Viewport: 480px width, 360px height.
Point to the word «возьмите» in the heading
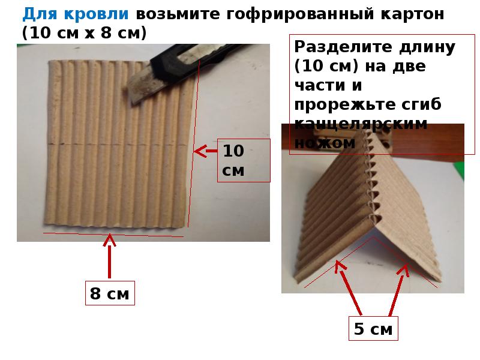click(x=178, y=14)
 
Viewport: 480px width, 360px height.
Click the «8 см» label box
click(x=110, y=293)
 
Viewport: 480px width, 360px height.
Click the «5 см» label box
click(x=373, y=328)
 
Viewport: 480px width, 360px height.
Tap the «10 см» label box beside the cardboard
click(x=244, y=160)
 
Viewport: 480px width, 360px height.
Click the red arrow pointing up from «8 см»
click(x=109, y=256)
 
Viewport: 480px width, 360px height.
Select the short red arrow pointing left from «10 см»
click(x=206, y=151)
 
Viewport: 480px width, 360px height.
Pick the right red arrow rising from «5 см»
click(x=399, y=290)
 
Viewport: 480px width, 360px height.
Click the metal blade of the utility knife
click(x=141, y=85)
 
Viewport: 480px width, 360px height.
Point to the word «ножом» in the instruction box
click(x=325, y=143)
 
